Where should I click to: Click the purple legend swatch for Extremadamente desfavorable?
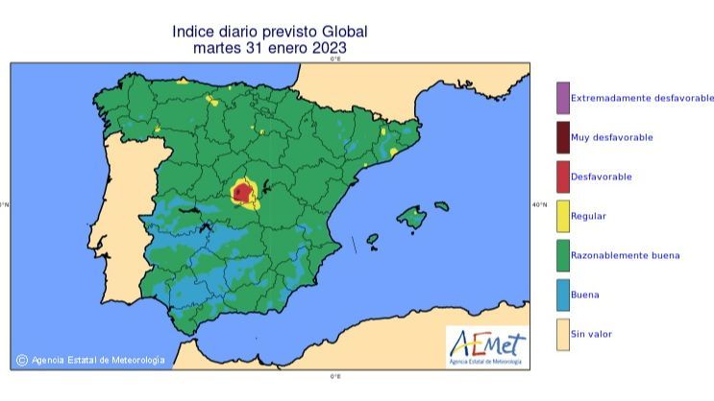tap(562, 98)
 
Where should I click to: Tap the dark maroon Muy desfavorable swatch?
tap(562, 137)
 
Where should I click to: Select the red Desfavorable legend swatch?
tap(562, 177)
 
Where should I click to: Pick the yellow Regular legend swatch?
tap(562, 216)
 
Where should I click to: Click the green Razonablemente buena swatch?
tap(562, 255)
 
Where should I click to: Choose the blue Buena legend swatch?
tap(562, 295)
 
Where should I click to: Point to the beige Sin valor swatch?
tap(562, 334)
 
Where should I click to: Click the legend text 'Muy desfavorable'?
tap(611, 137)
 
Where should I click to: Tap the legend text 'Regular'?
tap(588, 216)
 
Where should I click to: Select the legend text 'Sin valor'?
tap(591, 334)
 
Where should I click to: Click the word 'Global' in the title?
tap(344, 31)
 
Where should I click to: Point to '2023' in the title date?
tap(328, 47)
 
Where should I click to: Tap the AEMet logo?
tap(486, 344)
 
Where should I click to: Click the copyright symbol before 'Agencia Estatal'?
tap(21, 361)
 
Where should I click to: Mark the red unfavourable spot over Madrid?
tap(240, 192)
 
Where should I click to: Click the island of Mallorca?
tap(412, 218)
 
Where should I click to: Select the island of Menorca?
tap(441, 204)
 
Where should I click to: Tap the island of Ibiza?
tap(372, 240)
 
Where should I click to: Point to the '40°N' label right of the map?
tap(539, 204)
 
